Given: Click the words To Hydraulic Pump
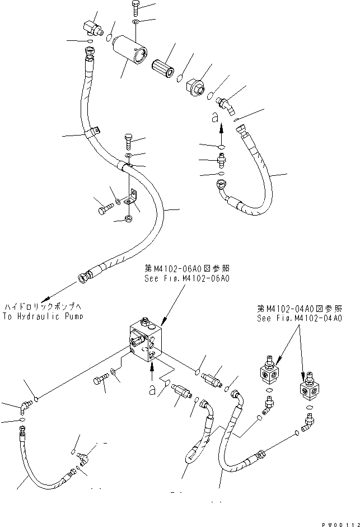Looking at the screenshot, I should [43, 316].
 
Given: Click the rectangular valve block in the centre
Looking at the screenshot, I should [145, 339].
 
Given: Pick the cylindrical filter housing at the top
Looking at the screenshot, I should [130, 49].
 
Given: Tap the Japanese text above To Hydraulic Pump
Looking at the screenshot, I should [43, 307].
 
